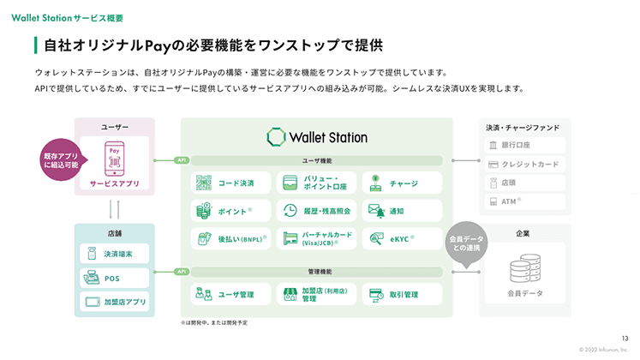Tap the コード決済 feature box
(230, 183)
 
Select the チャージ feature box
(401, 183)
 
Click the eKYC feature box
(401, 238)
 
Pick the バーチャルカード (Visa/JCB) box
(316, 238)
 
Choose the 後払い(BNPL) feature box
(230, 238)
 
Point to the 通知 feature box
(401, 210)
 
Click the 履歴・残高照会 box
(316, 210)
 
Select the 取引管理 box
(401, 294)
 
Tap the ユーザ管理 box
(230, 294)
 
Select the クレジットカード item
(525, 164)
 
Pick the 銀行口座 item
(525, 145)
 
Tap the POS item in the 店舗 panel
(115, 278)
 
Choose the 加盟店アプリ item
(115, 302)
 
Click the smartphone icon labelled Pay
(114, 159)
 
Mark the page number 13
(625, 338)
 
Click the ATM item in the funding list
(525, 201)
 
